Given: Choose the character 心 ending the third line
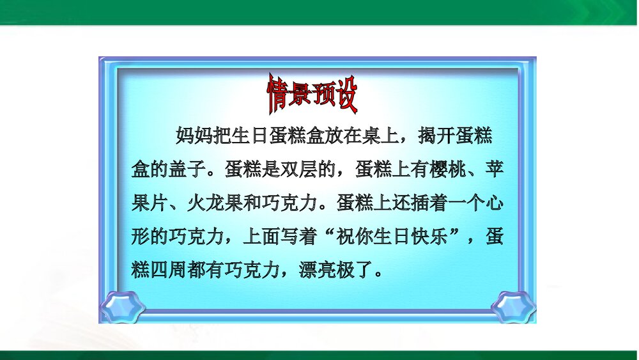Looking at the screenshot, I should pos(493,204).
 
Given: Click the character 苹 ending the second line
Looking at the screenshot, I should pos(493,169).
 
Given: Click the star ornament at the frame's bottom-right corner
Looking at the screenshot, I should pos(513,306).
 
